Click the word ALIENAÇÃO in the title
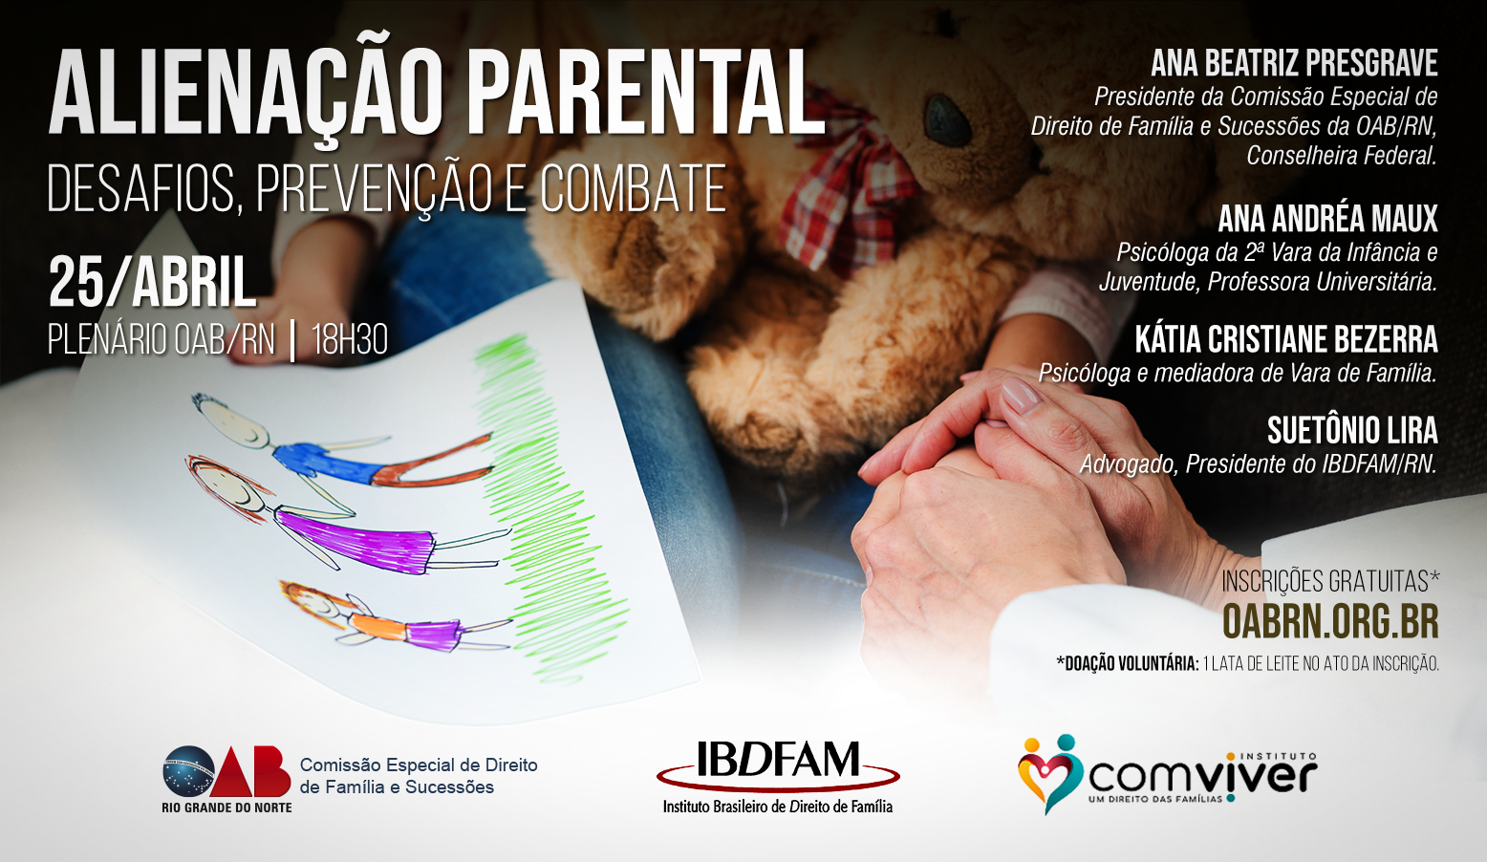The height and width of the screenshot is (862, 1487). coord(246,92)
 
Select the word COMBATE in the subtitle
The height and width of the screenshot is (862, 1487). coord(633,188)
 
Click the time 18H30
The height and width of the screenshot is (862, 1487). coord(350,340)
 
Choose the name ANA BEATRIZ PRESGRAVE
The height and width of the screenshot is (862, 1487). coord(1294,64)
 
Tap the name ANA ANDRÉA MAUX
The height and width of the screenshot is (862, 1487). coord(1327,218)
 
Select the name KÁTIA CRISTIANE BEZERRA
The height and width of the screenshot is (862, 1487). coord(1286,340)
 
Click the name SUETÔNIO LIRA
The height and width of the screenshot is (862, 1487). coord(1352,431)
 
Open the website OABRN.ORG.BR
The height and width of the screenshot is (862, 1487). coord(1330,621)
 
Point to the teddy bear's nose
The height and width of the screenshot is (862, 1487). coord(949,120)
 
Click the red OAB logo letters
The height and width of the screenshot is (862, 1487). coord(250,771)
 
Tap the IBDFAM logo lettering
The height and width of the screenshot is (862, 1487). coord(778,759)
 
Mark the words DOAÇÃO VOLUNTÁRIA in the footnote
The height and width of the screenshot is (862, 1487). coord(1128,663)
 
